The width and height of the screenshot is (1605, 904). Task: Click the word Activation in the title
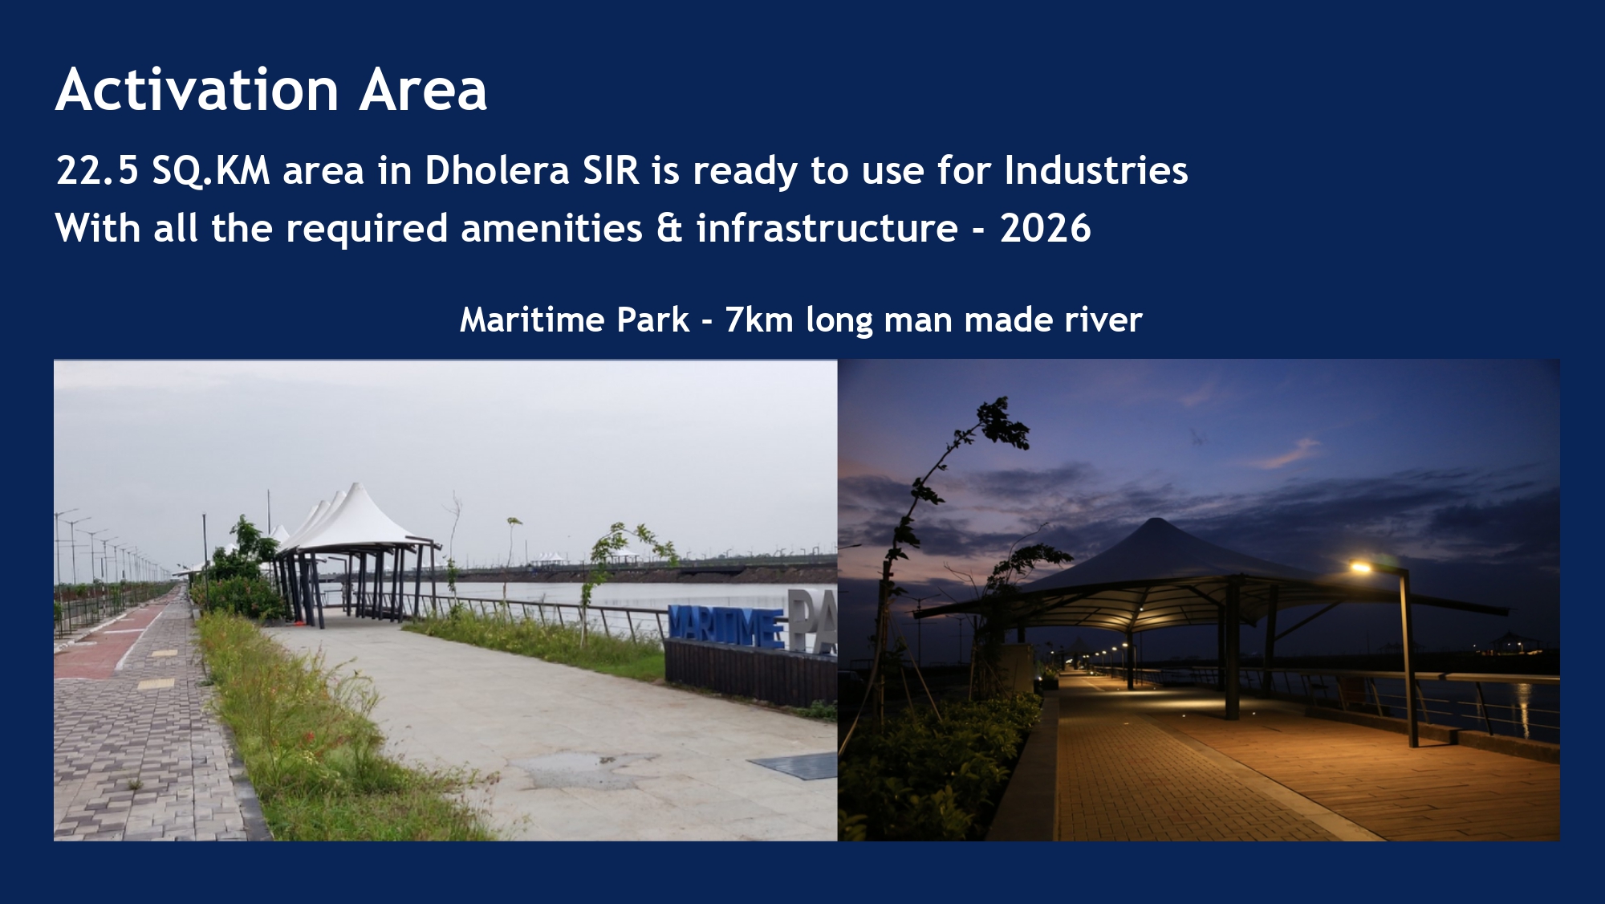coord(197,89)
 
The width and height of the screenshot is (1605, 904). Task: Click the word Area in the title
coord(423,89)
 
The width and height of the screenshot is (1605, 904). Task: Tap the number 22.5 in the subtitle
coord(97,171)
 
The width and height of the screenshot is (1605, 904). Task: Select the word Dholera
coord(497,171)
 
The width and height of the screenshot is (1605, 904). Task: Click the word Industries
coord(1096,171)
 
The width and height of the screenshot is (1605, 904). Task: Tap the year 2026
coord(1046,229)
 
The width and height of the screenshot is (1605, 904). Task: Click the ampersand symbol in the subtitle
coord(669,229)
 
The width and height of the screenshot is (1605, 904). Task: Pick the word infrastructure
coord(827,229)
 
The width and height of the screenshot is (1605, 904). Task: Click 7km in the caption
coord(759,320)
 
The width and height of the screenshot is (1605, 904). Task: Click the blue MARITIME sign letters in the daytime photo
coord(726,627)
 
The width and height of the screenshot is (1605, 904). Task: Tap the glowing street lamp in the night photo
coord(1361,568)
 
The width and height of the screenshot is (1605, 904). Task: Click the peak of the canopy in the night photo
coord(1156,520)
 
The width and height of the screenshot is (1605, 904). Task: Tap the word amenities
coord(551,229)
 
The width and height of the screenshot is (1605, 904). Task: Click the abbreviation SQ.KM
coord(211,171)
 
